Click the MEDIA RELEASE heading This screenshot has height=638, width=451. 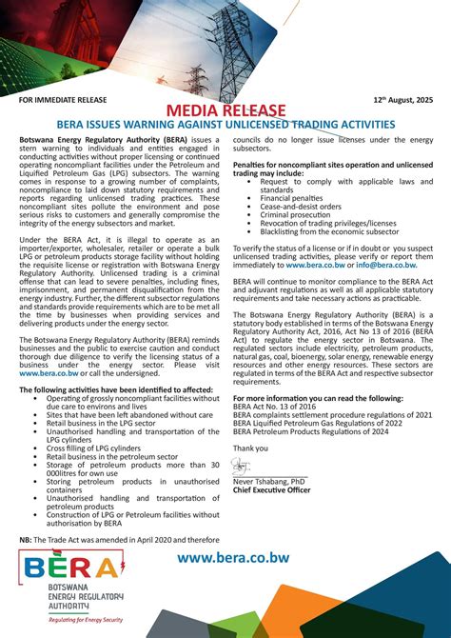[x=225, y=112]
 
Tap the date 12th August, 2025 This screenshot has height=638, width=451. [x=403, y=99]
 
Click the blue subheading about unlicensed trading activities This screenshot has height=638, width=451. [x=225, y=125]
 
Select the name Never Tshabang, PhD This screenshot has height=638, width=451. [x=270, y=483]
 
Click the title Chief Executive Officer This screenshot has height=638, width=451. [x=272, y=490]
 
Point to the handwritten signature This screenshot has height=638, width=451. [x=245, y=467]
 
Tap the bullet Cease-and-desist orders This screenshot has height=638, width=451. [x=301, y=206]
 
